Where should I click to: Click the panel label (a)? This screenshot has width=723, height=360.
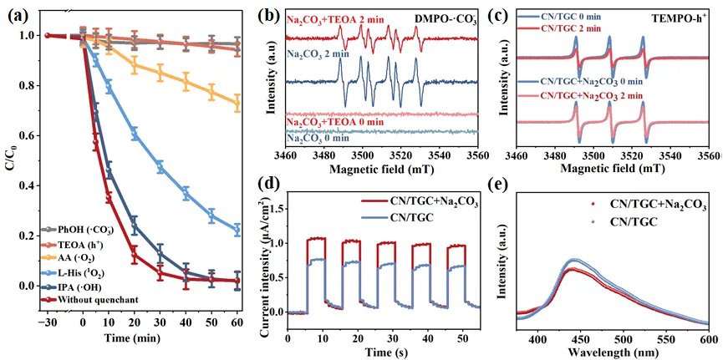click(18, 16)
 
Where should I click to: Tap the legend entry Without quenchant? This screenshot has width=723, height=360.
click(97, 300)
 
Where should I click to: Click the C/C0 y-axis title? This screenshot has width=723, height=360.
click(9, 163)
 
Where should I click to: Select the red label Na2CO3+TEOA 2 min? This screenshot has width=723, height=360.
click(335, 18)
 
